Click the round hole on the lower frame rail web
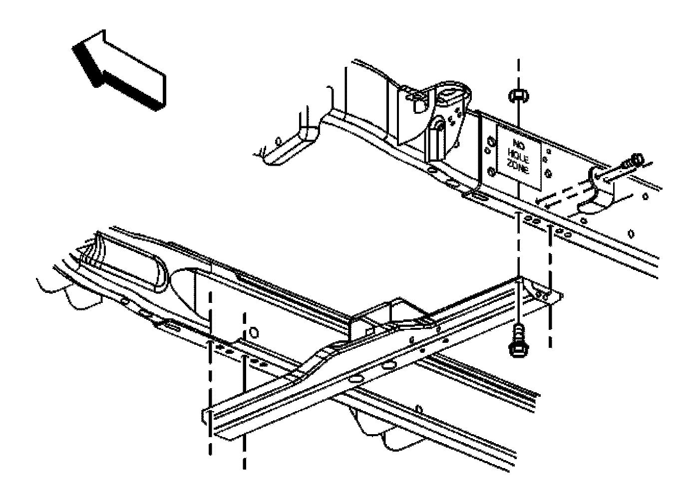(x=254, y=332)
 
